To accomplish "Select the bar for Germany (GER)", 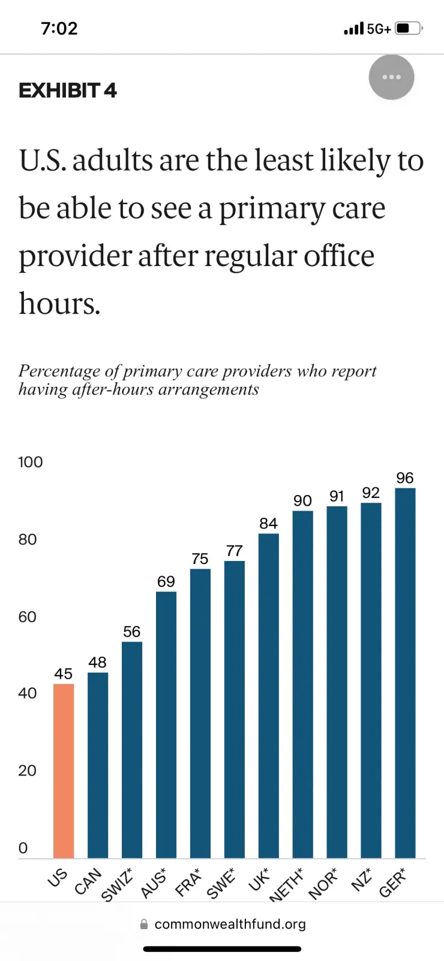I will coord(405,673).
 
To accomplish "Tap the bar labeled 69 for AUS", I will coord(166,724).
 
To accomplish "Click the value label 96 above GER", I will coord(405,478).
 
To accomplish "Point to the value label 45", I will coord(64,674).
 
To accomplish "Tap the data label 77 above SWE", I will coord(235,551).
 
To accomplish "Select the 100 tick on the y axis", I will coord(31,462).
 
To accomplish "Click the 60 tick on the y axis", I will coord(28,617).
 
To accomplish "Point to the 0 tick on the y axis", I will coord(23,848).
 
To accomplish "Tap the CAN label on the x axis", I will coord(89,881).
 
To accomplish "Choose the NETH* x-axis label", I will coord(286,885).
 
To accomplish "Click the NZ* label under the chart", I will coord(362,879).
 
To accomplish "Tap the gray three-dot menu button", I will coord(391,77).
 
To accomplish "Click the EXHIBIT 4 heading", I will coord(68,91).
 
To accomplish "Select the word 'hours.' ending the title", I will coord(59,303).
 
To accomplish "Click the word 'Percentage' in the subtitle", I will coord(59,371).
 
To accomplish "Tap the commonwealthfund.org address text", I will coord(230,924).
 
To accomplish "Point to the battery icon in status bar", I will coord(409,28).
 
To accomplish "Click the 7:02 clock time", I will coord(59,28).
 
